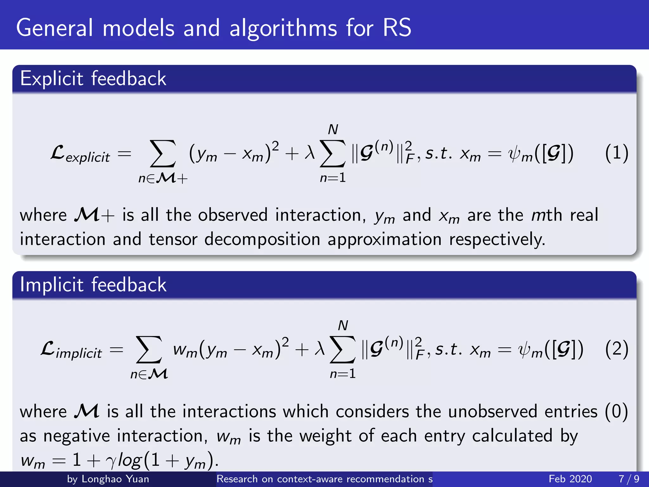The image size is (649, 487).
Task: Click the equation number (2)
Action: click(616, 349)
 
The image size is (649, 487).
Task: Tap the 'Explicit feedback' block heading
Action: click(93, 79)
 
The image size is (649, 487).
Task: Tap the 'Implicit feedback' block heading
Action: click(93, 284)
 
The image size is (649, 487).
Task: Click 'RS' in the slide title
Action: click(397, 28)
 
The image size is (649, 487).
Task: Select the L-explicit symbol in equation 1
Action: click(80, 154)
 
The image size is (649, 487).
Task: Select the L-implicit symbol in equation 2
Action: click(71, 350)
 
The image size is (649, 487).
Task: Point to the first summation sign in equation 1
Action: click(163, 154)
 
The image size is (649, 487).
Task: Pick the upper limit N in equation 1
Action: click(333, 129)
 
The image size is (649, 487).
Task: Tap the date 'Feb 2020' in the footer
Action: click(570, 479)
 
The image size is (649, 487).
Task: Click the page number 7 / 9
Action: click(629, 479)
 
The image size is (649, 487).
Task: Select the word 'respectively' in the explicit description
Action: click(497, 239)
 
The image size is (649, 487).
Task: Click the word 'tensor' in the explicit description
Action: click(173, 239)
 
